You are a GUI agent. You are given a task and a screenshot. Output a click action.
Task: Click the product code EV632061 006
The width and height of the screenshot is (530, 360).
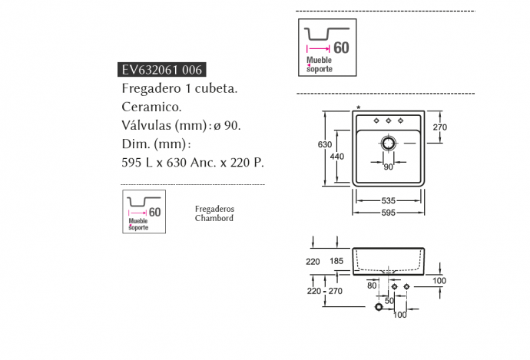tap(162, 70)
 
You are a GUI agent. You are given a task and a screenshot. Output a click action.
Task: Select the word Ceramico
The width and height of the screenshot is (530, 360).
tap(151, 107)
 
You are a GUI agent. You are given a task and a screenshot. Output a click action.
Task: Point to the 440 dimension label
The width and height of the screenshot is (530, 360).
tap(337, 156)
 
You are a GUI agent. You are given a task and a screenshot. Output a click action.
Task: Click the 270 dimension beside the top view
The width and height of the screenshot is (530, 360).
tap(441, 127)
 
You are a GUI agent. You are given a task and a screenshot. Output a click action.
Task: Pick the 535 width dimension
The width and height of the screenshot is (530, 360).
tap(389, 200)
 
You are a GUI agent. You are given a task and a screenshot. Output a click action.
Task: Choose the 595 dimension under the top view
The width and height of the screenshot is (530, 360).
tap(389, 213)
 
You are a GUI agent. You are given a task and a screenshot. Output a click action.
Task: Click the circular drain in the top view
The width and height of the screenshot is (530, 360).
tap(389, 143)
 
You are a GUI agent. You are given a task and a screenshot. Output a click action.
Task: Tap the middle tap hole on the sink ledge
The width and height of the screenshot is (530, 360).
tap(389, 121)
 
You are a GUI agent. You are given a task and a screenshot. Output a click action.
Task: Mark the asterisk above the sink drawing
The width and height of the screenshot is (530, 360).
tap(358, 107)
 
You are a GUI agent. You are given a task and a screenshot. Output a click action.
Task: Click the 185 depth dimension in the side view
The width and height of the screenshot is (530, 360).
tap(336, 262)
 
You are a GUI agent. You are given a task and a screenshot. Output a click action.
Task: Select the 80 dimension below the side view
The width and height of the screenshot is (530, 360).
tap(373, 286)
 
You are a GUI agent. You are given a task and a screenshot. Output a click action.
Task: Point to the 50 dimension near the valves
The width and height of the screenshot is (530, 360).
tap(389, 301)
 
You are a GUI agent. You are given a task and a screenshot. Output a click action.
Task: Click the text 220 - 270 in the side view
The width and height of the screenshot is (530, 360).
tap(323, 292)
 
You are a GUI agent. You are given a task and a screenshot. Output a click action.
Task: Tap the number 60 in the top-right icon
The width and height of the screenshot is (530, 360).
tap(341, 47)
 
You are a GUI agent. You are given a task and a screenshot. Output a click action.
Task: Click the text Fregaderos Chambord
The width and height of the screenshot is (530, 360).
tap(214, 213)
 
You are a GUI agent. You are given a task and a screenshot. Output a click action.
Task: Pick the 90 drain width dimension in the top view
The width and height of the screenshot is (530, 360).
tap(388, 167)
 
